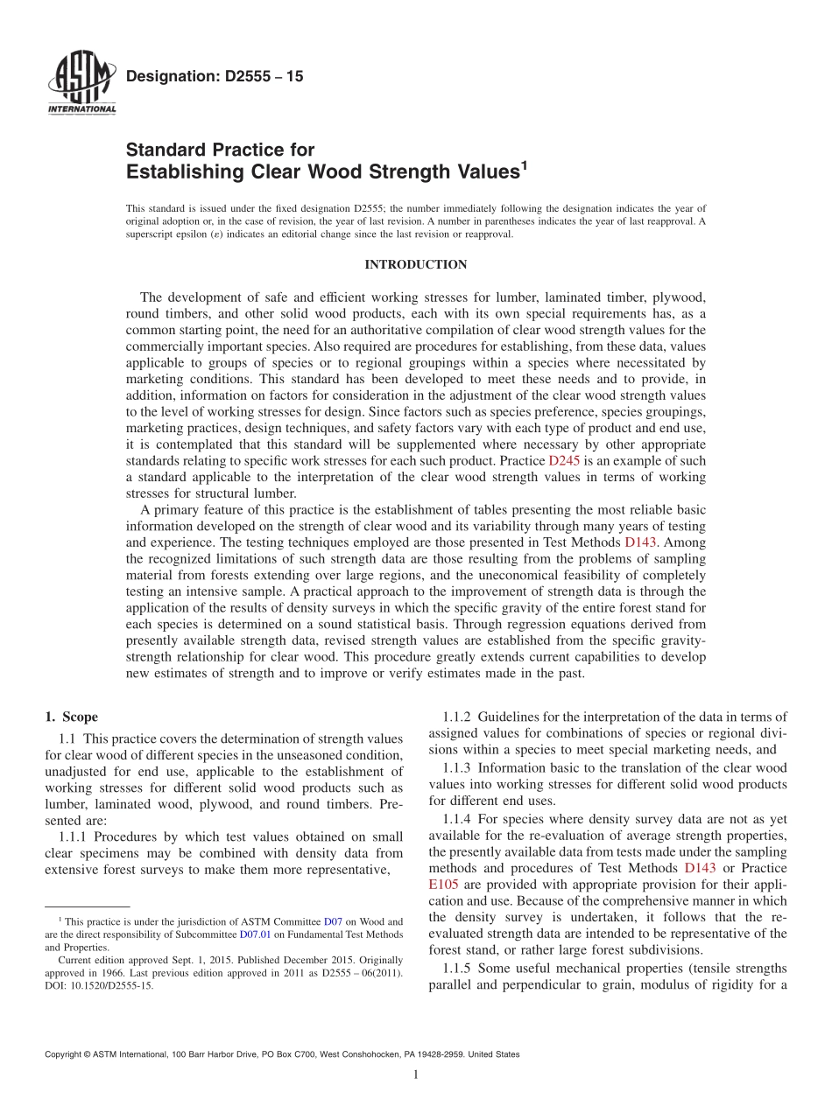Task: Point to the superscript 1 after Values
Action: tap(524, 164)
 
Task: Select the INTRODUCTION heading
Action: tap(415, 264)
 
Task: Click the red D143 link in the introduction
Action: tap(641, 542)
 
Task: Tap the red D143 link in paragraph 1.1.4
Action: tap(700, 868)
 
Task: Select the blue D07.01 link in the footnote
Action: tap(251, 934)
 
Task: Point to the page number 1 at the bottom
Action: tap(416, 1075)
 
